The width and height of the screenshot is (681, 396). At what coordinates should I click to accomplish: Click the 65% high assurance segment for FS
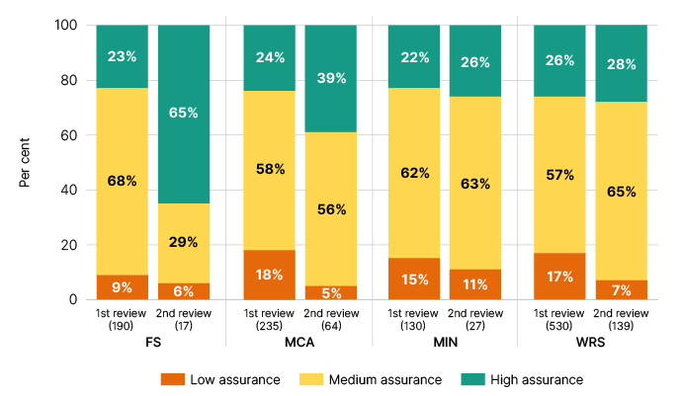click(x=184, y=114)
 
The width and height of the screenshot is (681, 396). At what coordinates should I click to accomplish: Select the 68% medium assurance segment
click(x=122, y=181)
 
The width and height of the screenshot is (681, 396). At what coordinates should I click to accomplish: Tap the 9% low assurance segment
click(x=122, y=287)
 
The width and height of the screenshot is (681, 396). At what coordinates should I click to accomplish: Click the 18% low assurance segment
click(x=269, y=275)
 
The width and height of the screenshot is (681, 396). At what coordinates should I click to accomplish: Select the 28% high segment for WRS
click(x=621, y=63)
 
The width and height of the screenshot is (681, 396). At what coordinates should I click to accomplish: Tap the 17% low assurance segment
click(x=559, y=277)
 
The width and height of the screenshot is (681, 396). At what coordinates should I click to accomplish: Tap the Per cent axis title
click(x=27, y=163)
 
